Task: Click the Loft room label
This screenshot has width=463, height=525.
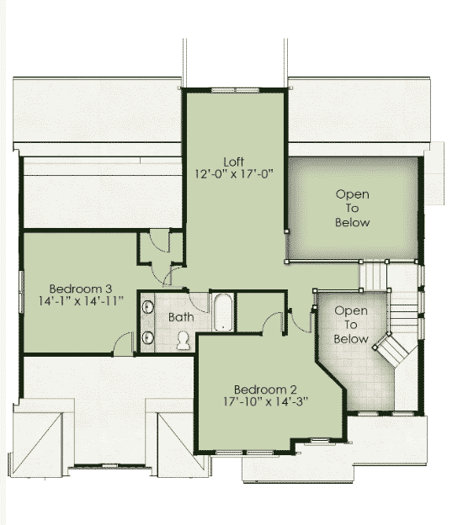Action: [x=233, y=162]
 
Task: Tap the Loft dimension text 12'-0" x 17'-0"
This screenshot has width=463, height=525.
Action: [x=234, y=174]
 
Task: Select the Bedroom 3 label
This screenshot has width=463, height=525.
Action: [x=81, y=289]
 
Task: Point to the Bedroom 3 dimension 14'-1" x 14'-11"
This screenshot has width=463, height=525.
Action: [x=81, y=301]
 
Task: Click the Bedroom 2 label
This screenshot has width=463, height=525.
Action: [x=265, y=390]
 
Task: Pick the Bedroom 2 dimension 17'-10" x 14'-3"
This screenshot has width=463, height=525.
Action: [x=265, y=401]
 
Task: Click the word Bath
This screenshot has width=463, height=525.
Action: [x=181, y=317]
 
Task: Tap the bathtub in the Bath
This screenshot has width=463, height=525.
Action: [x=223, y=312]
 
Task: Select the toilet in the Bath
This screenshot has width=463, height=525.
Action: [x=183, y=341]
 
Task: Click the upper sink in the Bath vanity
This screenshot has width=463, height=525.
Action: [x=148, y=307]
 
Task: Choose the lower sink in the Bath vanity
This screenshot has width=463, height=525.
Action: [x=148, y=337]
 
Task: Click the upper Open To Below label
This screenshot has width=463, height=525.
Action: [x=353, y=209]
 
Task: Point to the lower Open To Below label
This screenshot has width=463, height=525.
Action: [x=351, y=325]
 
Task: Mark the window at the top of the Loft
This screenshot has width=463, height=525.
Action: [x=235, y=90]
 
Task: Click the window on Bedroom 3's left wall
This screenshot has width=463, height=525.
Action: [x=22, y=292]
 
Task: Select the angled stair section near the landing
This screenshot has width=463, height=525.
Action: [x=391, y=351]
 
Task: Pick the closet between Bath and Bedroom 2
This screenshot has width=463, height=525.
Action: [x=261, y=312]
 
